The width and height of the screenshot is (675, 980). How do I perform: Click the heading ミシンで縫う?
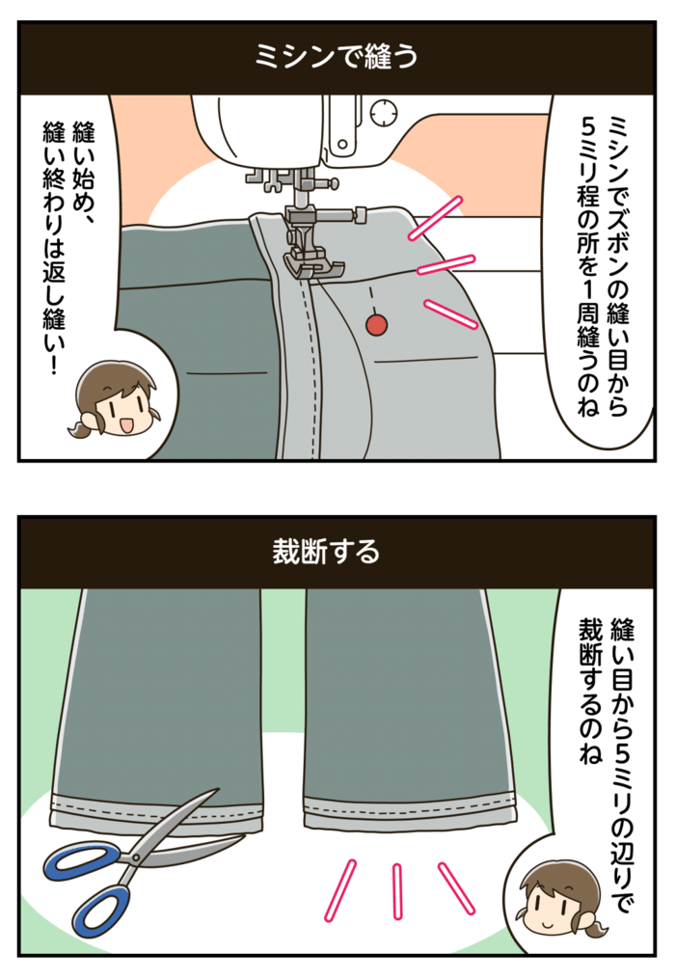pyautogui.click(x=337, y=57)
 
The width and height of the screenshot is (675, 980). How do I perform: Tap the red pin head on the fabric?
pyautogui.click(x=376, y=327)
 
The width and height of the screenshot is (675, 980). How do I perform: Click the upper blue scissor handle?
pyautogui.click(x=82, y=857)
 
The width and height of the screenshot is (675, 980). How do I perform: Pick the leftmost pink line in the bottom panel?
pyautogui.click(x=339, y=887)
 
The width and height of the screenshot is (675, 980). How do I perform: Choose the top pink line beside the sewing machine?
pyautogui.click(x=436, y=217)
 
